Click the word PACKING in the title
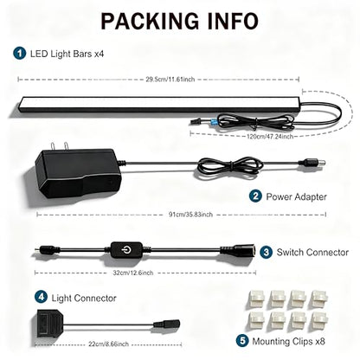[x=150, y=21]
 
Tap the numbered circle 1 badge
[x=20, y=54]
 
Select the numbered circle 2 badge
[x=255, y=196]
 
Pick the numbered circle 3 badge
[x=266, y=252]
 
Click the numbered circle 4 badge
[x=41, y=297]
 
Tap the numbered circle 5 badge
[x=242, y=341]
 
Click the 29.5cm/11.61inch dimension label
[x=170, y=79]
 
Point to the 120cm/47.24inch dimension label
[x=270, y=137]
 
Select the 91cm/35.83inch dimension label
[x=190, y=215]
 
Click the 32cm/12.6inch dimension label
[x=133, y=273]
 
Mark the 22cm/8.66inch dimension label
[x=108, y=344]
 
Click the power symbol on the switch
[x=126, y=249]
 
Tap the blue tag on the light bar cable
[x=214, y=122]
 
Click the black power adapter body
[x=78, y=172]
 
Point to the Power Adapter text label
[x=296, y=196]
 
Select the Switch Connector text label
[x=312, y=253]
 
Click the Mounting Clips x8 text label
[x=288, y=341]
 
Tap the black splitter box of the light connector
[x=49, y=320]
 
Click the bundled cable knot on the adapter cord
[x=230, y=167]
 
